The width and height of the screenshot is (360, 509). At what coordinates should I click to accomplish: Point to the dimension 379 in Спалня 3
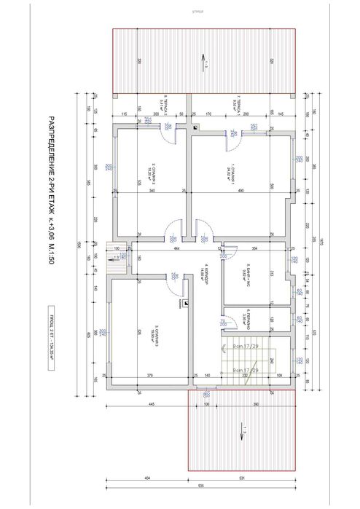[x=149, y=376]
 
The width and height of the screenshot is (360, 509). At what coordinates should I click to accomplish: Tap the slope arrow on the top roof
[x=200, y=63]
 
